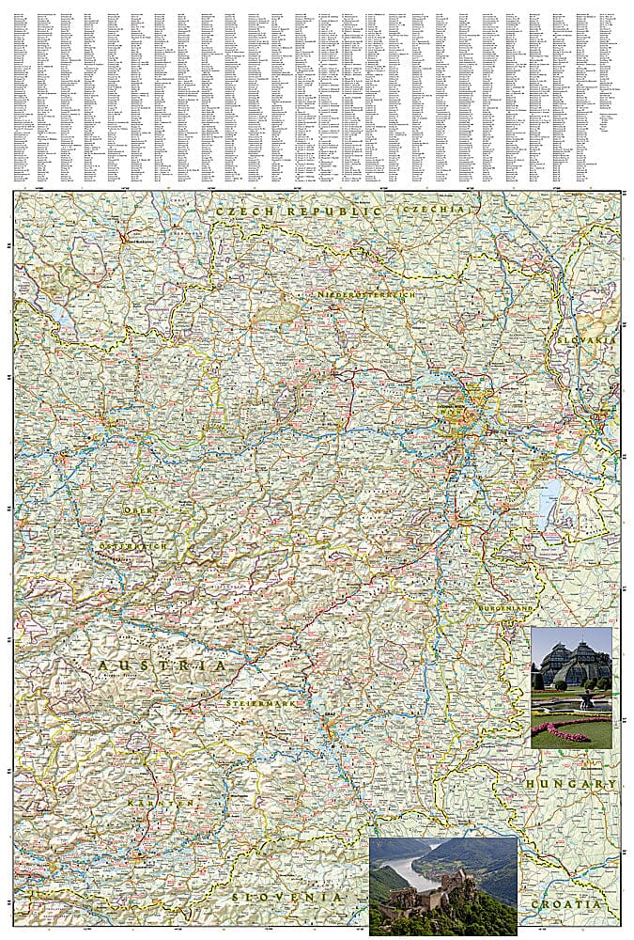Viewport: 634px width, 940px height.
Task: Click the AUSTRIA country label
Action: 162,665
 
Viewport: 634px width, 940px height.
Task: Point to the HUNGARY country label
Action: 571,783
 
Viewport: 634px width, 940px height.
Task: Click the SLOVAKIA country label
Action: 584,338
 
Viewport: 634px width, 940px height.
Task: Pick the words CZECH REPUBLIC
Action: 299,212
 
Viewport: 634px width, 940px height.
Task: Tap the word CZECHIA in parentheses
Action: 432,211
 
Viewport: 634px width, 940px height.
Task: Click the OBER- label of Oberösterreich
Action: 136,509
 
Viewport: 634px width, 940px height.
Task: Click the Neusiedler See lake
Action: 548,504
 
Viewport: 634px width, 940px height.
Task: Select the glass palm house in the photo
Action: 571,662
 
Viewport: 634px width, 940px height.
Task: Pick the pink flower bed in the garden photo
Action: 562,731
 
